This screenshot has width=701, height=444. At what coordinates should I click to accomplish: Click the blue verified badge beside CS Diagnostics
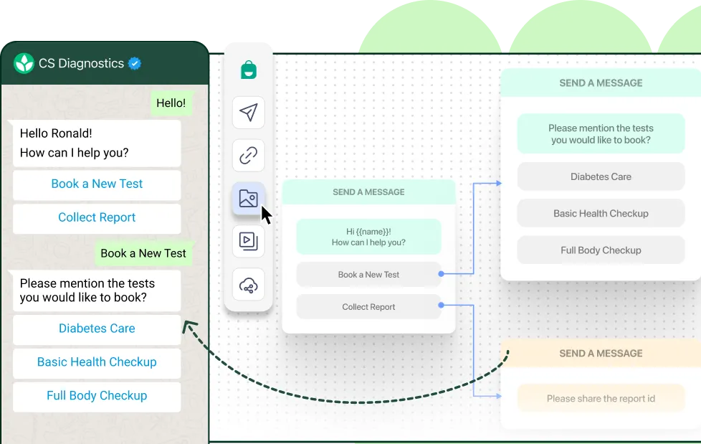click(135, 64)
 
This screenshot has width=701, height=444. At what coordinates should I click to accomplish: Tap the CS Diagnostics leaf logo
click(24, 63)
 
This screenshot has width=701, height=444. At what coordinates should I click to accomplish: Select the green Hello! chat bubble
click(171, 103)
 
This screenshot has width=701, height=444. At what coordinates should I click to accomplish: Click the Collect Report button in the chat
click(97, 217)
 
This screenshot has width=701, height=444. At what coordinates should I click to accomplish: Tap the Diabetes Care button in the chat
click(97, 329)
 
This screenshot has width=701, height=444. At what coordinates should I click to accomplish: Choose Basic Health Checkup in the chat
click(97, 362)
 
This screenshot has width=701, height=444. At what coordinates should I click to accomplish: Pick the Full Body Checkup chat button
click(97, 396)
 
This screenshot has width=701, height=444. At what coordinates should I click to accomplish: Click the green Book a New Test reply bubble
click(143, 253)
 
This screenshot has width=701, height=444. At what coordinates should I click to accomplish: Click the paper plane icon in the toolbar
click(249, 113)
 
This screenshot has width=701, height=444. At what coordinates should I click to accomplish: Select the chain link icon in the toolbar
click(249, 156)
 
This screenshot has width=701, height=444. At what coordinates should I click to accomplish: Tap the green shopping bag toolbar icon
click(249, 70)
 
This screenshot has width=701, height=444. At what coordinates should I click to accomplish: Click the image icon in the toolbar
click(249, 198)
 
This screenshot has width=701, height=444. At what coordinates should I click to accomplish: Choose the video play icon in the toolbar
click(249, 241)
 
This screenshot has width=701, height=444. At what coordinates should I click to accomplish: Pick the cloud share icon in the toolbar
click(249, 285)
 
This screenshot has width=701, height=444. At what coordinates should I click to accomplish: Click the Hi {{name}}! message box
click(369, 237)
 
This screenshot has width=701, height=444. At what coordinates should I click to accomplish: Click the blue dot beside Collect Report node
click(442, 306)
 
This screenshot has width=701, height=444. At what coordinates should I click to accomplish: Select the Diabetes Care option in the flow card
click(601, 176)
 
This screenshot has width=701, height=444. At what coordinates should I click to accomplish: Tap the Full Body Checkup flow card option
click(601, 250)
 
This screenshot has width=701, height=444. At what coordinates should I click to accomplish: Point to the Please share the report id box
click(601, 398)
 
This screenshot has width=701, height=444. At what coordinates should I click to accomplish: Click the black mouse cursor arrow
click(266, 215)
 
